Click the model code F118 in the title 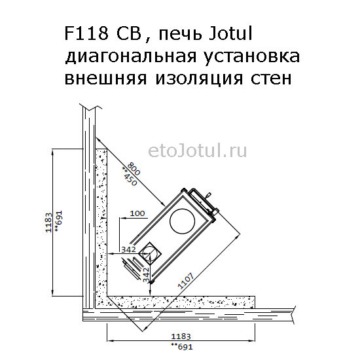[86, 33]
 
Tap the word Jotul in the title [231, 33]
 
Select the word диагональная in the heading [131, 56]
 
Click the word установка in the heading [251, 56]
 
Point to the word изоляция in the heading [199, 79]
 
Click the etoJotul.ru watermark [198, 151]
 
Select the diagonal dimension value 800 [134, 168]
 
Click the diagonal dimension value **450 [129, 176]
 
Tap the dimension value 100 [137, 213]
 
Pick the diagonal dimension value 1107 [186, 280]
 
